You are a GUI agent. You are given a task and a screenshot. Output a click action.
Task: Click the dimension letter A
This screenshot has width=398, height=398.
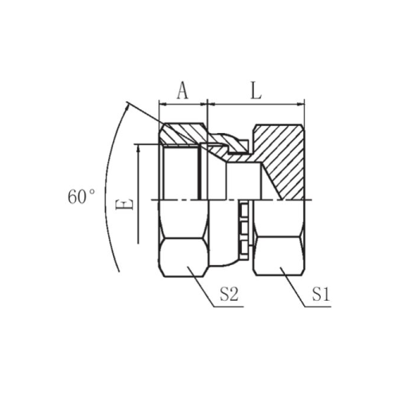[x=182, y=90]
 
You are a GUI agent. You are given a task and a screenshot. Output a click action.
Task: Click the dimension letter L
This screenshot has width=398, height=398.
[x=256, y=90]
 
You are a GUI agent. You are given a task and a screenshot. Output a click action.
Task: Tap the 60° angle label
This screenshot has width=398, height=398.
[x=81, y=197]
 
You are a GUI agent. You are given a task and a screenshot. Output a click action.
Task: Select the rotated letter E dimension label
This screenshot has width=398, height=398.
[x=124, y=205]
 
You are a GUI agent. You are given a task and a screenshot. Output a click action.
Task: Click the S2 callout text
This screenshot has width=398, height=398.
[x=229, y=295]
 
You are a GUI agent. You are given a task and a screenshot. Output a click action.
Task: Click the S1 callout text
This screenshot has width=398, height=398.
[x=321, y=295]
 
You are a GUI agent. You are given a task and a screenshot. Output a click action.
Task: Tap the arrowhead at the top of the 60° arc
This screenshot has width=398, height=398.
[x=127, y=107]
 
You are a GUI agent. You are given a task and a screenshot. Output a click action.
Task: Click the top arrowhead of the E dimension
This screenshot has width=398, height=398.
[x=138, y=148]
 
